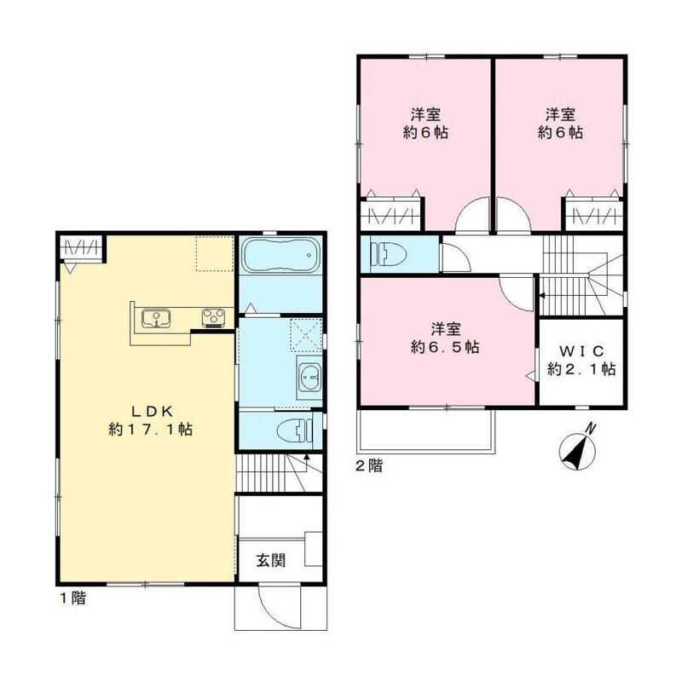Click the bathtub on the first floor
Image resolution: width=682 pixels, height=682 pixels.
(x=280, y=255)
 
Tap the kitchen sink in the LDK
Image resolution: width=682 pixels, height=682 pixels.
(x=156, y=318)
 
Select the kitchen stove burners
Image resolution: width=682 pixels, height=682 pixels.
(x=214, y=317)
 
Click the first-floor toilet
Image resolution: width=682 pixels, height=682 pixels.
(x=294, y=431)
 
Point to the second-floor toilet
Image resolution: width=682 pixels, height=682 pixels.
(x=388, y=254)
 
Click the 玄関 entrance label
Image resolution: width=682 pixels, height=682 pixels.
(x=270, y=560)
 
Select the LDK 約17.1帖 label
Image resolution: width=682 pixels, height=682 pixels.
(x=151, y=420)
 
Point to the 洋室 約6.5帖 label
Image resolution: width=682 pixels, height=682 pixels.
(x=445, y=338)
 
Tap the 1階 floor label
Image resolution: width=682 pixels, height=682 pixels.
(x=72, y=598)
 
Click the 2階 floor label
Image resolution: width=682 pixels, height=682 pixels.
(x=369, y=465)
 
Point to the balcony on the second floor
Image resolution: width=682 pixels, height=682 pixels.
(x=426, y=431)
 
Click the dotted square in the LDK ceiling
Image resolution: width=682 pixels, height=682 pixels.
(x=215, y=254)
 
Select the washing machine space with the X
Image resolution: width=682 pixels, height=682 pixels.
(x=307, y=335)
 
